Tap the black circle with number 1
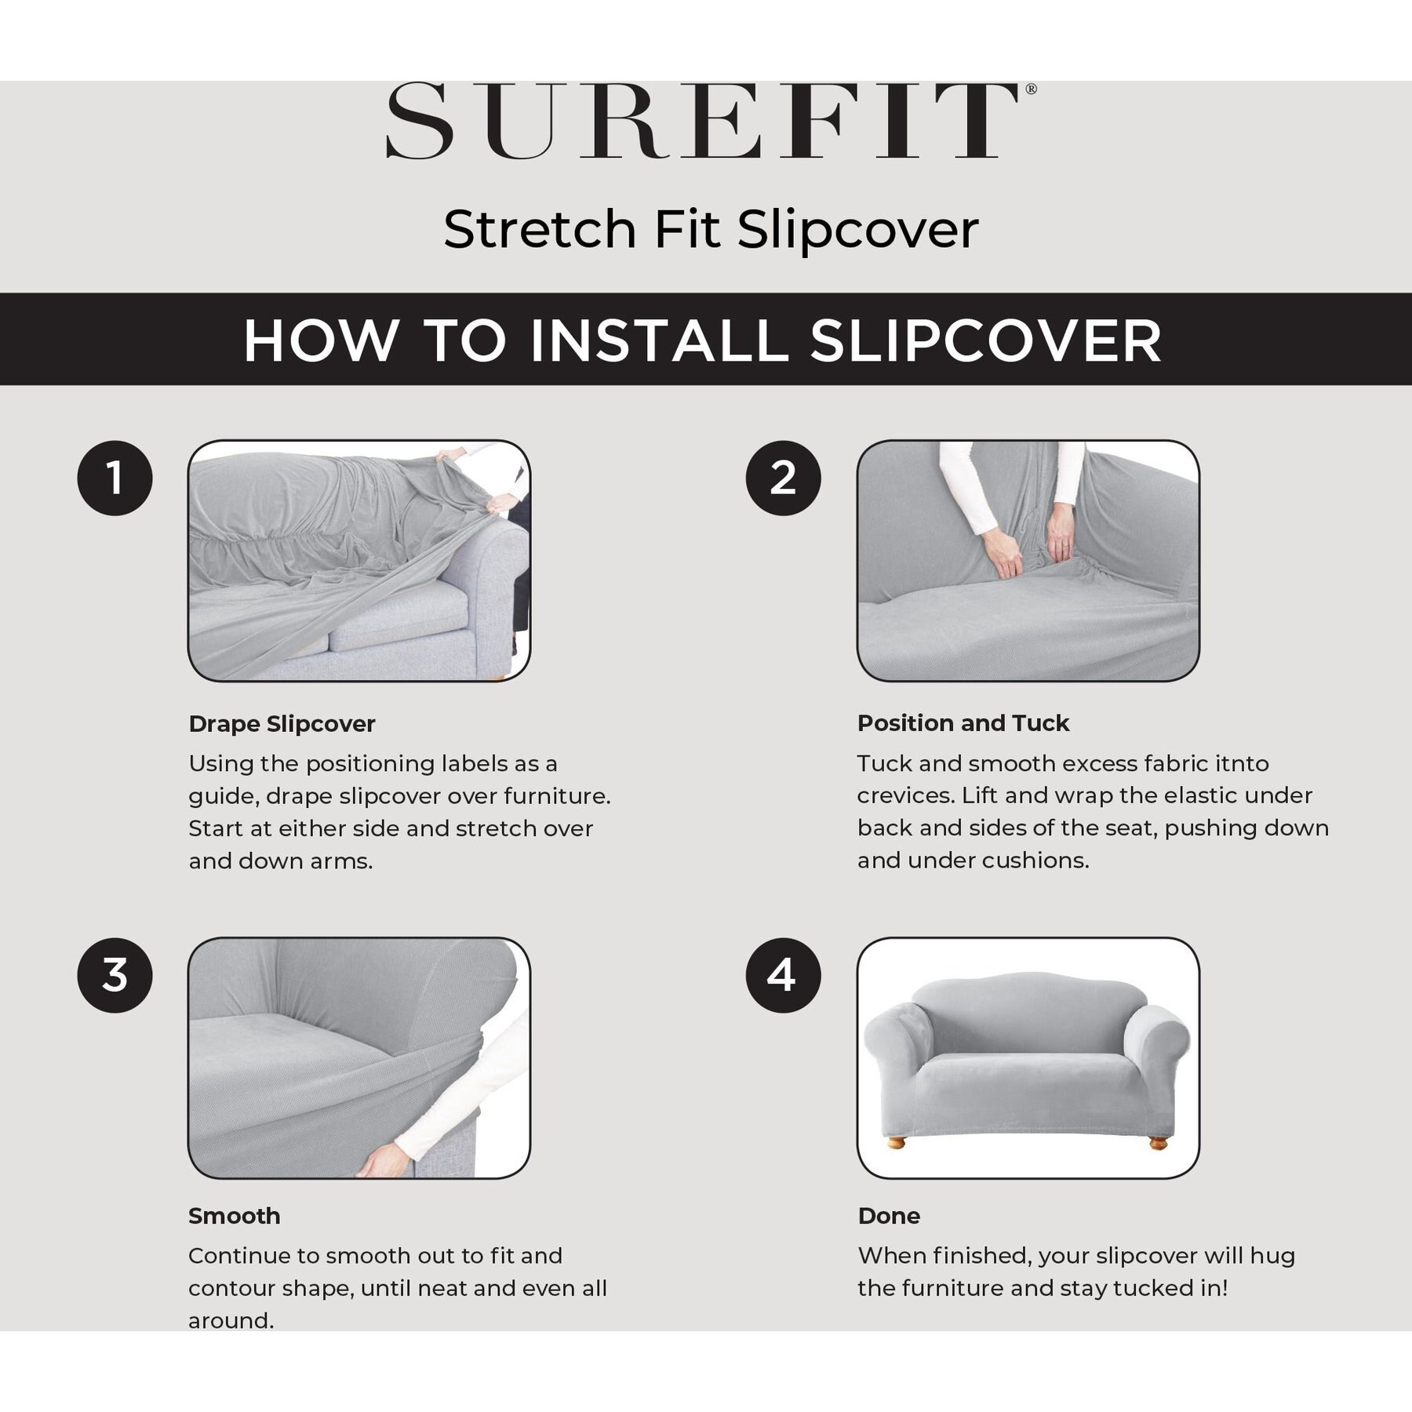(115, 478)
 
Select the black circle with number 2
(783, 478)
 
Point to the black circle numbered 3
(115, 975)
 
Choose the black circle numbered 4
(783, 975)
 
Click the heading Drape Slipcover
(282, 724)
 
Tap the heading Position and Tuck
(963, 723)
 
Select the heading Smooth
(235, 1216)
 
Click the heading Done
(889, 1216)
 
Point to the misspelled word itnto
(1241, 763)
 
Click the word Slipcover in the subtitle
(858, 230)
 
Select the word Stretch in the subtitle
(540, 230)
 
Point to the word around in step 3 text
(231, 1321)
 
